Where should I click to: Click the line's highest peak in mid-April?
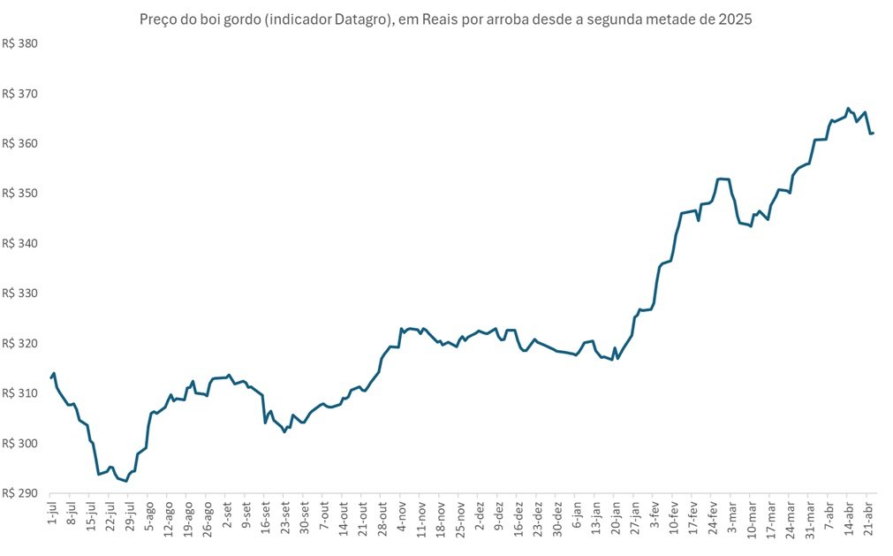point(848,109)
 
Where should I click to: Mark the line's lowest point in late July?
point(125,481)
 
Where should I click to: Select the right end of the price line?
point(873,133)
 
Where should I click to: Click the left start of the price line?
point(51,377)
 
